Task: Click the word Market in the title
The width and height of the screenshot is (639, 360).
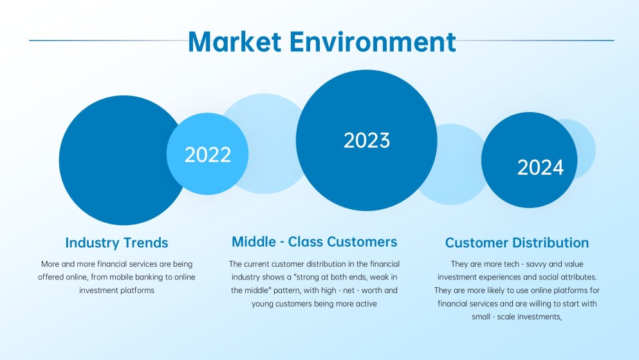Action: [234, 41]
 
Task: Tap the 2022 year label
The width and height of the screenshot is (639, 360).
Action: [207, 155]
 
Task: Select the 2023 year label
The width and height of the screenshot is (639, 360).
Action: [366, 140]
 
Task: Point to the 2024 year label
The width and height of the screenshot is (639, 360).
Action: [540, 167]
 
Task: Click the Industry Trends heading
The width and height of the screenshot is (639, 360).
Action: [116, 243]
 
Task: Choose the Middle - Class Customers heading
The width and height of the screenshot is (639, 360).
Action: [314, 242]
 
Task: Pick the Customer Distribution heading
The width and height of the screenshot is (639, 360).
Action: [517, 243]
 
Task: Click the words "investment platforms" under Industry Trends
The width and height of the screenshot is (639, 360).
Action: [116, 290]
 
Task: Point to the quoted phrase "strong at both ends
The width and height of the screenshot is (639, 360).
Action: [328, 277]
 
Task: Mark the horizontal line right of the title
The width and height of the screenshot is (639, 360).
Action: [534, 41]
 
